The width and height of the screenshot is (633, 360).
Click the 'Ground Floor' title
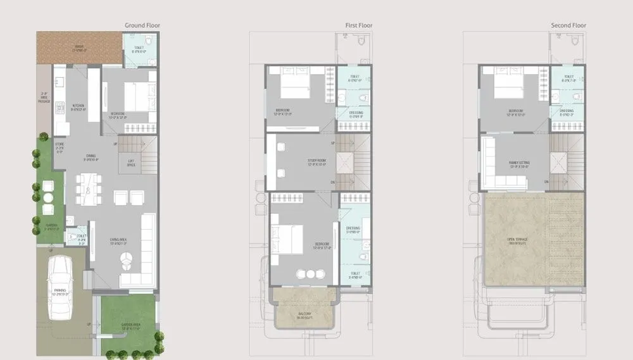[142, 26]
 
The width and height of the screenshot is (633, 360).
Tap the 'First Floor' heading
[358, 26]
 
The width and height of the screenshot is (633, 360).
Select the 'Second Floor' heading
[568, 26]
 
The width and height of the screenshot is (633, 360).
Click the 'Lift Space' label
[132, 163]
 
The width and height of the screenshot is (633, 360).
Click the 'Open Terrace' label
[518, 240]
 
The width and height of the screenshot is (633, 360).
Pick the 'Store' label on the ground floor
[60, 147]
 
